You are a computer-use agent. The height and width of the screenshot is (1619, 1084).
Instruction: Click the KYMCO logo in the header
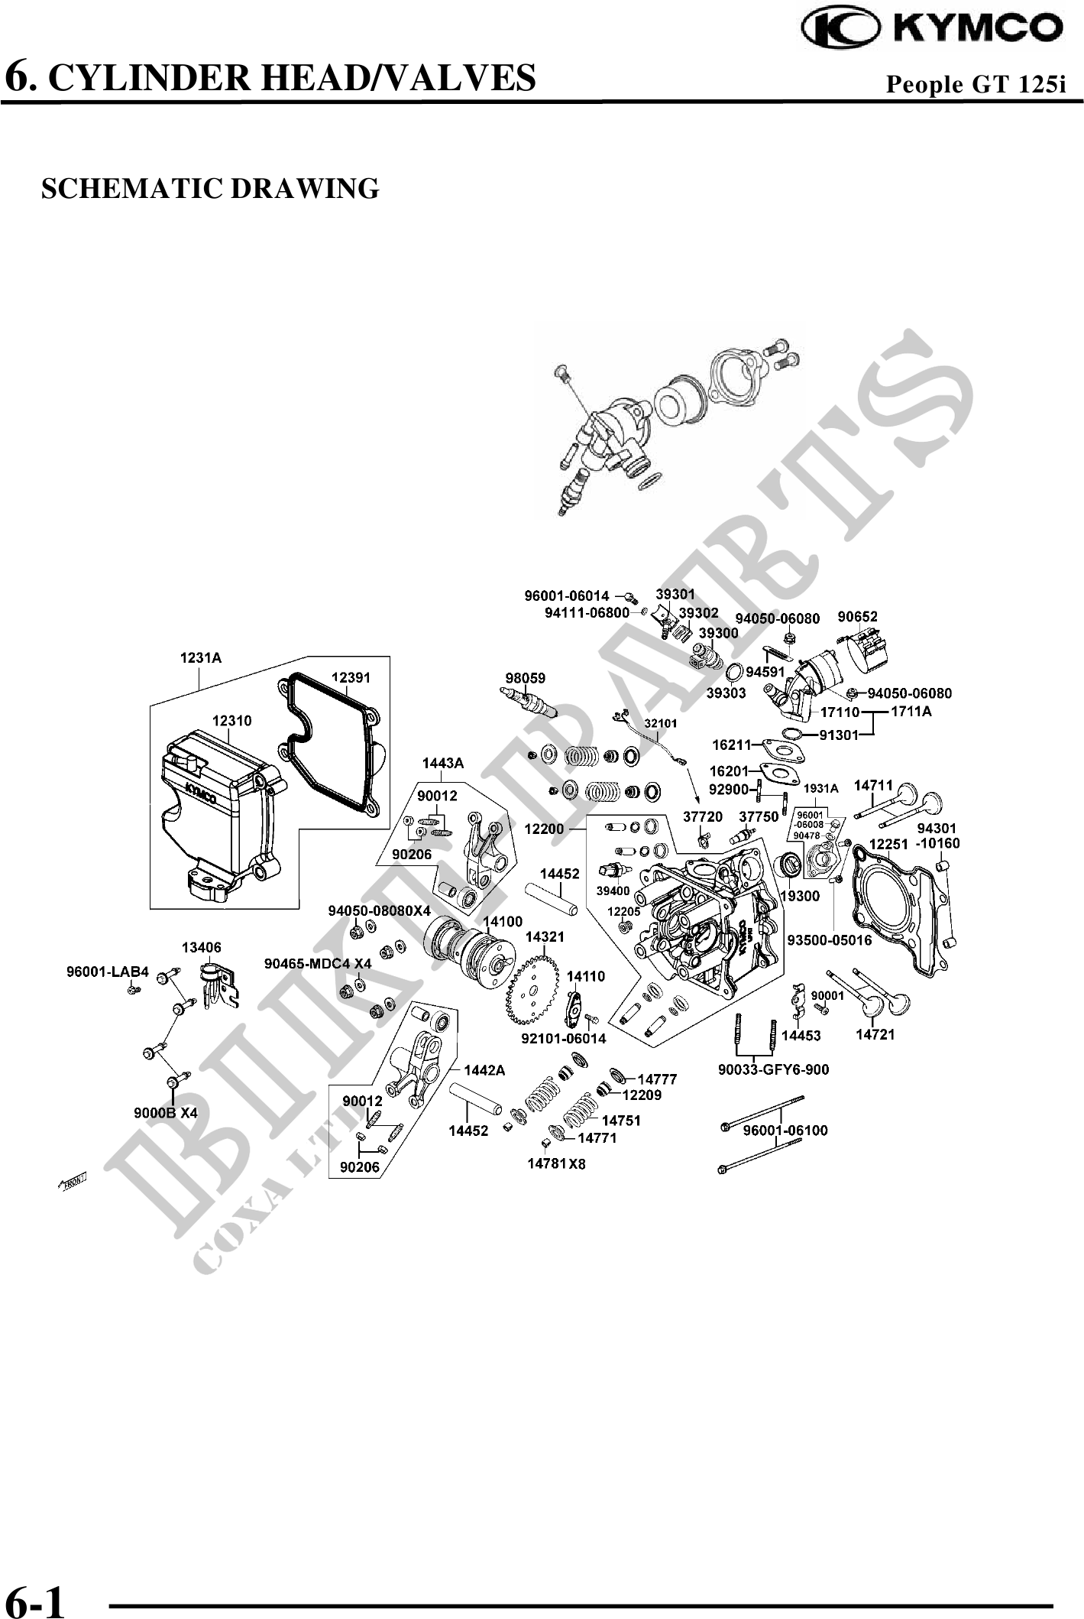[x=931, y=28]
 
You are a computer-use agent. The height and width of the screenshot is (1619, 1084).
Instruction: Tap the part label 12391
[x=351, y=677]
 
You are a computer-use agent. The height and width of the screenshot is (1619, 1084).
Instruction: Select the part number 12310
[x=231, y=721]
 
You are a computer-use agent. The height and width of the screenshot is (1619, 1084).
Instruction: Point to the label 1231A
[x=200, y=657]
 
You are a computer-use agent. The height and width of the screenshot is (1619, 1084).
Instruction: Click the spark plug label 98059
[x=525, y=677]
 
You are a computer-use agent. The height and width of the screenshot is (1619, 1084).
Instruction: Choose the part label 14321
[x=545, y=936]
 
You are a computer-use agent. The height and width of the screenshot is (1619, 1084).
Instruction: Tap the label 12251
[x=889, y=844]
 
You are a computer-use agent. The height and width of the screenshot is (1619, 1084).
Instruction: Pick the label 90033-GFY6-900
[x=773, y=1069]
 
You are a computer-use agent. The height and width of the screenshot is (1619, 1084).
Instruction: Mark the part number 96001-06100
[x=785, y=1131]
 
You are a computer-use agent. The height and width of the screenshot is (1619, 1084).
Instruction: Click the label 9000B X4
[x=166, y=1113]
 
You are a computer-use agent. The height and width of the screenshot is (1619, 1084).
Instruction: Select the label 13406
[x=201, y=948]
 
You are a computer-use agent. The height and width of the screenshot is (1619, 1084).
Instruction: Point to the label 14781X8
[x=556, y=1164]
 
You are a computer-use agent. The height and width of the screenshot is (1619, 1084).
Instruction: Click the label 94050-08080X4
[x=380, y=910]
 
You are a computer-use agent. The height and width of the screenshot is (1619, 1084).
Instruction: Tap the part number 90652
[x=857, y=616]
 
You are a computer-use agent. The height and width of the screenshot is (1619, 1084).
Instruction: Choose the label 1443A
[x=443, y=763]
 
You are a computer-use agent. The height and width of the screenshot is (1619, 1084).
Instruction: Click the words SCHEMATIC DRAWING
[x=210, y=188]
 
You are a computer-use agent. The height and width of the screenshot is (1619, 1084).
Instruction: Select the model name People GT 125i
[x=975, y=83]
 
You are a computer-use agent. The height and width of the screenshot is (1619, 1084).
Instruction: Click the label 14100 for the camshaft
[x=503, y=922]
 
